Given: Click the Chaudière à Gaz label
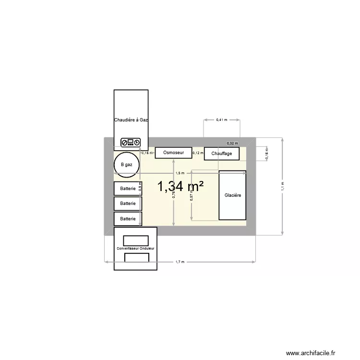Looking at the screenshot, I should [131, 120].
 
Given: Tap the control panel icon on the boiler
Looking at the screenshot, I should [131, 142].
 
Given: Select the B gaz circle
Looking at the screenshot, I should [127, 165].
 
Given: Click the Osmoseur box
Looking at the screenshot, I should [173, 153].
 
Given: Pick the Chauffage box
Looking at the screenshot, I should [221, 154].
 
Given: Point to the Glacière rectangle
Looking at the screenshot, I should [232, 195].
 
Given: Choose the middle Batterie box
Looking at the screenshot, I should [128, 204].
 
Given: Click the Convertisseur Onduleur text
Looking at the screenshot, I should [136, 248].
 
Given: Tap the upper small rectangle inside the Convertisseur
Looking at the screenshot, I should [136, 240].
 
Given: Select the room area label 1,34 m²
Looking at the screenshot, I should [181, 187].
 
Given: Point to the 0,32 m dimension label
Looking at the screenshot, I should [232, 143].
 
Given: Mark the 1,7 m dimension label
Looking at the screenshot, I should [180, 262].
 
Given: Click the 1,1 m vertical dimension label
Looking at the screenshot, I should [283, 186].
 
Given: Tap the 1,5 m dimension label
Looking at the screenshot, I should [180, 173].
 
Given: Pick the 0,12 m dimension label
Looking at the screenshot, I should [198, 153].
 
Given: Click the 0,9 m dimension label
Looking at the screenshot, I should [140, 186].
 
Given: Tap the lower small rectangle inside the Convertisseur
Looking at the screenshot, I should [137, 258].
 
